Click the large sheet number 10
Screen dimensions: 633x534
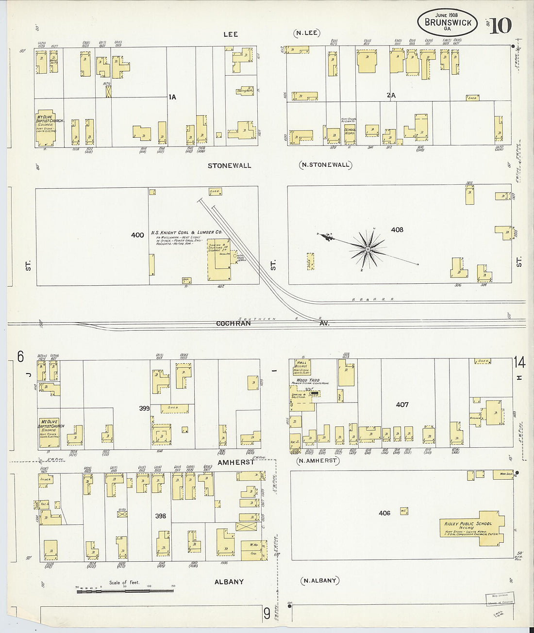(x=500, y=25)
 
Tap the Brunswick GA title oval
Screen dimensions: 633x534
(x=447, y=22)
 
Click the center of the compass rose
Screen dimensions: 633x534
(x=368, y=249)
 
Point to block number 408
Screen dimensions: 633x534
(x=397, y=229)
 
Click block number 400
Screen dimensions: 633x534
(x=137, y=235)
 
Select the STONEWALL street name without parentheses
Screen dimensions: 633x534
(x=229, y=165)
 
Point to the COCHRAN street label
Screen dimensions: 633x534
(x=233, y=323)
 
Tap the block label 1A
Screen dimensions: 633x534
(x=172, y=97)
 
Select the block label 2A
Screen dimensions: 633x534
(x=391, y=96)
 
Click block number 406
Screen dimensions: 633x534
(x=384, y=513)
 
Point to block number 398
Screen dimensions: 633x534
(x=160, y=516)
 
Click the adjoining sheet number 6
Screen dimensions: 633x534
(x=20, y=357)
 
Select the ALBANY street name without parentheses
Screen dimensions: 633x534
(x=229, y=582)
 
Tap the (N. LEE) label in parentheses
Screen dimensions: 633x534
(x=306, y=33)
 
